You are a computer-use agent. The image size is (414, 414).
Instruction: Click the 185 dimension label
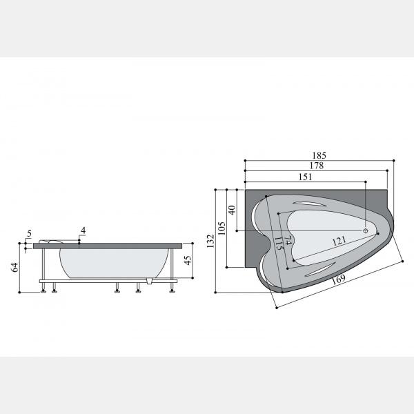(x=319, y=155)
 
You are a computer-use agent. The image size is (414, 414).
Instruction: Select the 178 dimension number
(x=316, y=166)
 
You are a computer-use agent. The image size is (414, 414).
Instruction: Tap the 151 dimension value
(x=306, y=177)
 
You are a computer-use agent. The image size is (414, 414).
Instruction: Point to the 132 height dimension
(x=210, y=241)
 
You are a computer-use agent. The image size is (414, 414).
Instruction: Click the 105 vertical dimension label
(x=221, y=228)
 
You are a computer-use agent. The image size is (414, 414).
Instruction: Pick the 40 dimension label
(x=232, y=210)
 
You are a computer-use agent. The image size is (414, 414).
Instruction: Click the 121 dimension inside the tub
(x=339, y=241)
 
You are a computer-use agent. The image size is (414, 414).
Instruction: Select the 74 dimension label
(x=288, y=240)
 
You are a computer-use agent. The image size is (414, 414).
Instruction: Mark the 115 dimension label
(x=279, y=243)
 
